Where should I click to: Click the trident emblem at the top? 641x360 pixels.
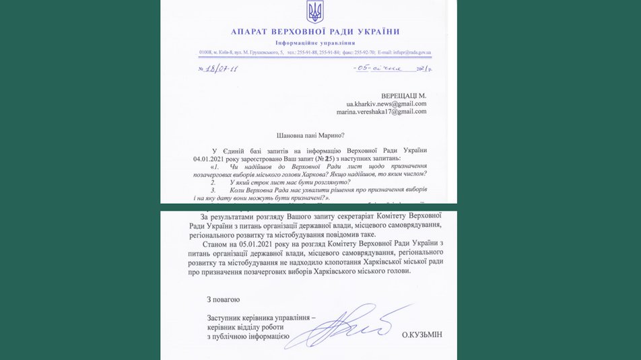[x=314, y=11]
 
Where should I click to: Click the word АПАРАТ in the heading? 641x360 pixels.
[x=251, y=32]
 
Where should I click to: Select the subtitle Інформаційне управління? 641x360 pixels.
[x=315, y=42]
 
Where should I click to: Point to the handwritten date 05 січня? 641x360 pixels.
[x=381, y=68]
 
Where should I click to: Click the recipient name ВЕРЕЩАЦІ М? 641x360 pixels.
[x=403, y=96]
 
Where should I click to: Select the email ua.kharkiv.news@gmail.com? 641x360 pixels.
[x=386, y=104]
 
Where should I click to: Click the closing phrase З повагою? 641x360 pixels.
[x=223, y=299]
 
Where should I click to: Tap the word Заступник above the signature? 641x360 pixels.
[x=226, y=317]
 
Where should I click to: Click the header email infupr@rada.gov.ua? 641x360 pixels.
[x=404, y=52]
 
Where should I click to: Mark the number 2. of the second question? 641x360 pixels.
[x=213, y=182]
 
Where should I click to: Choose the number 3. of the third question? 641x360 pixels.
[x=213, y=190]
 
